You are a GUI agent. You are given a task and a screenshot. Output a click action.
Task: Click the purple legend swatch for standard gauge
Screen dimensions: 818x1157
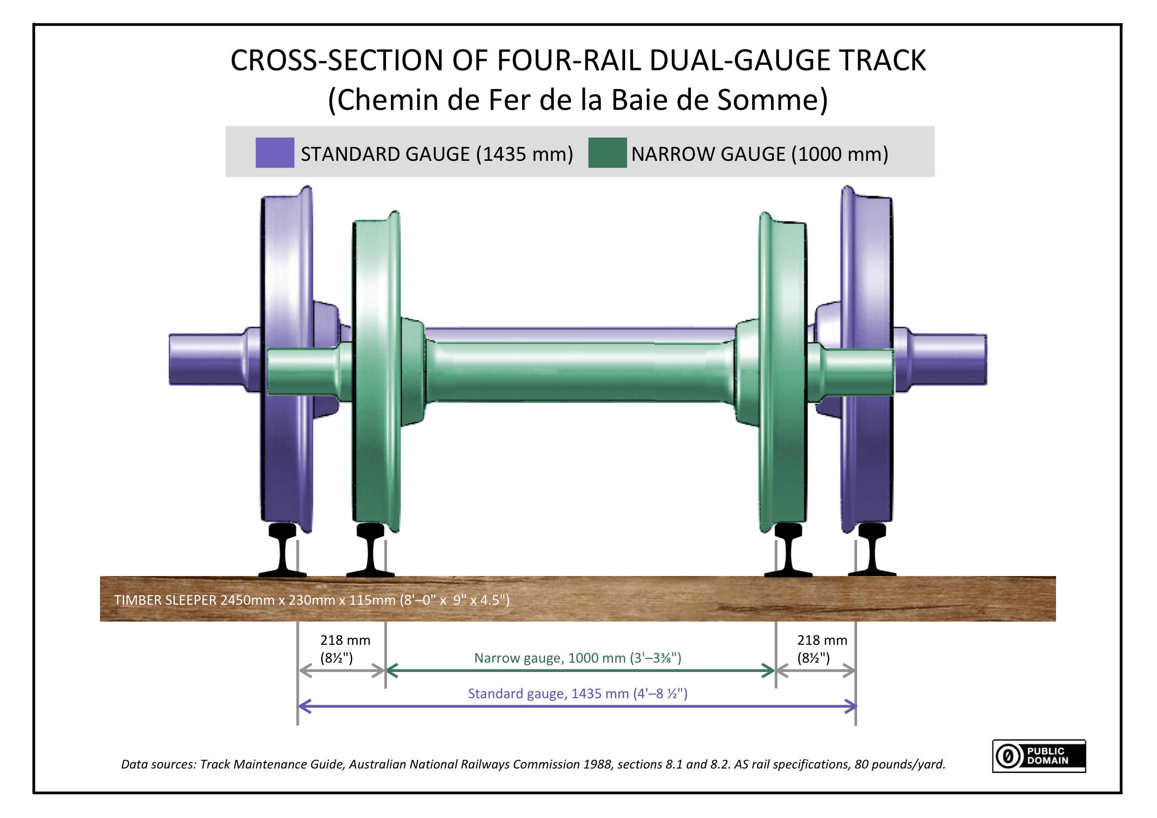(275, 153)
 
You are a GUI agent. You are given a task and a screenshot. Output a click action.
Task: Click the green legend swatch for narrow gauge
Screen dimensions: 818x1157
(607, 153)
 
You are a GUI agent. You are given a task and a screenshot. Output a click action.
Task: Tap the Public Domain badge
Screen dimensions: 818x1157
(1039, 756)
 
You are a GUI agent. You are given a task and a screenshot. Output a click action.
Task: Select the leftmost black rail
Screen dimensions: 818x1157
(283, 551)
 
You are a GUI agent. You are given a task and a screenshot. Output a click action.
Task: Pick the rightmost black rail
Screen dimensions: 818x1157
(872, 551)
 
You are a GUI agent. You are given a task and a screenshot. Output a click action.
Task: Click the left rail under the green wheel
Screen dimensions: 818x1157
(370, 551)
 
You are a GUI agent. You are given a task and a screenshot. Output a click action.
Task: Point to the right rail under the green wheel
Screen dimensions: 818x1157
(788, 551)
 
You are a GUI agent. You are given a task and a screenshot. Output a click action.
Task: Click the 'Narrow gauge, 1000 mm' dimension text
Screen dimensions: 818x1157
(578, 658)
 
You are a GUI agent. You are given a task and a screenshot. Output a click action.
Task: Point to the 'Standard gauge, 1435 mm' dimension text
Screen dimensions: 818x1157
(578, 693)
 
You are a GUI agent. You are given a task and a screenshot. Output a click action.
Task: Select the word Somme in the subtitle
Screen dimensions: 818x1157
(771, 100)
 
